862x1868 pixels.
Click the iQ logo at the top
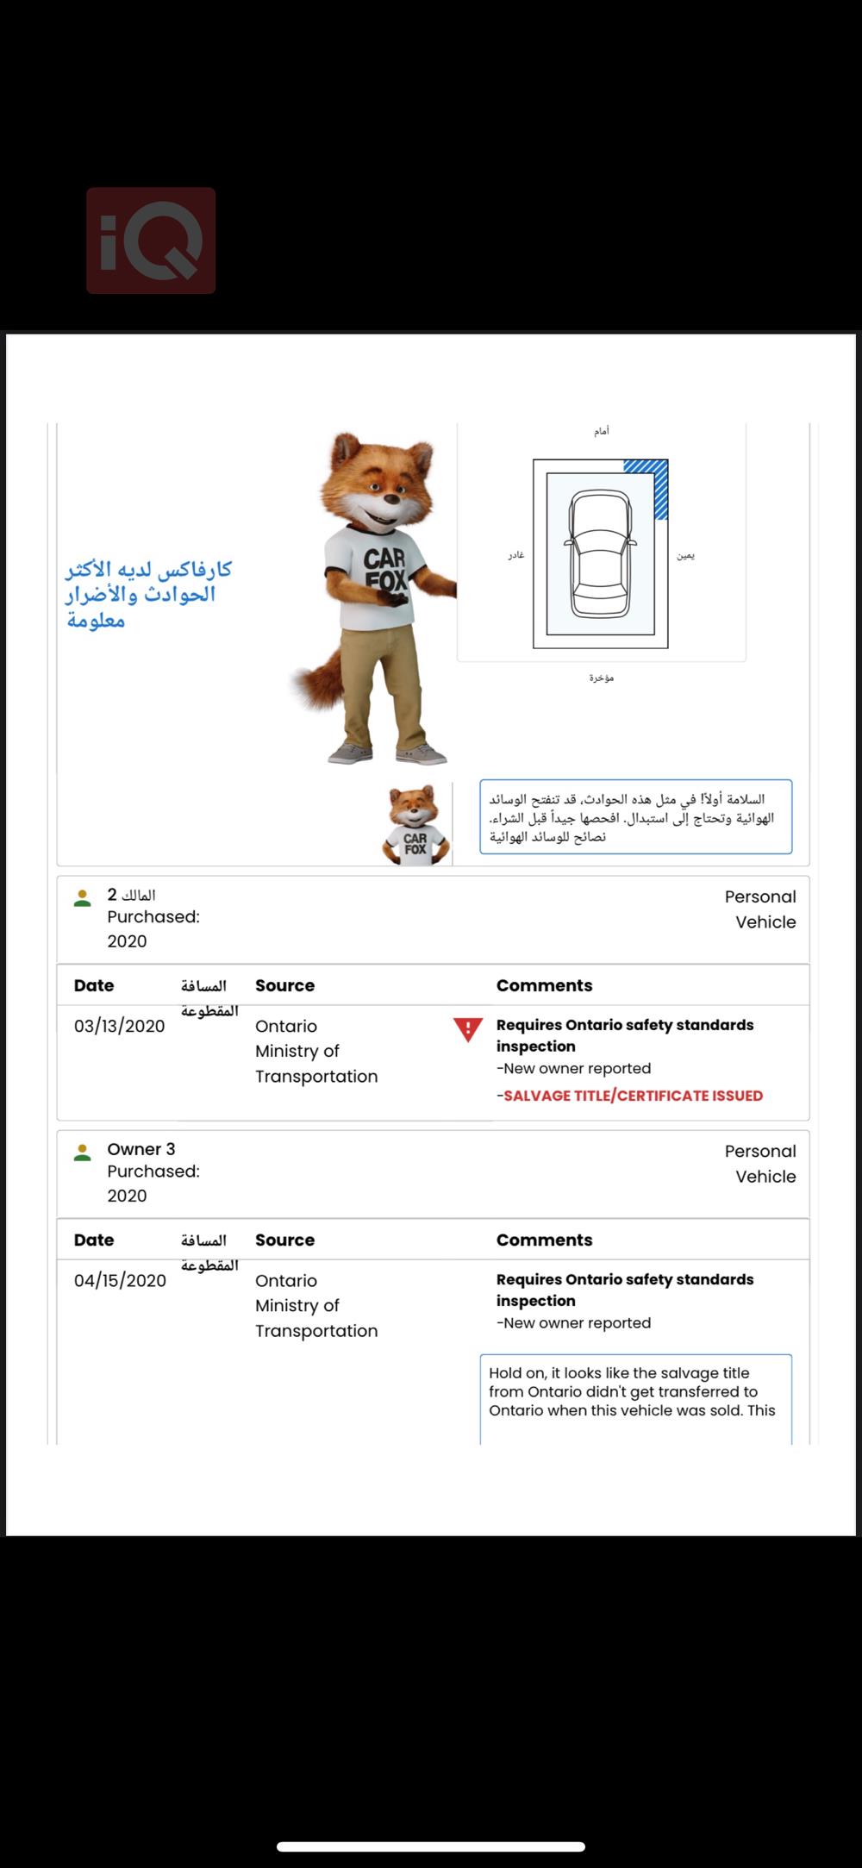[x=151, y=241]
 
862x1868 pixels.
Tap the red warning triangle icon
[x=468, y=1029]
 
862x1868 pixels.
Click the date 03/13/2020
[x=119, y=1026]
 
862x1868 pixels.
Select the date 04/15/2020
[x=120, y=1280]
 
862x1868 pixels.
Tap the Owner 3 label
[x=141, y=1149]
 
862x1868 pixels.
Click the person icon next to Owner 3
[x=83, y=1152]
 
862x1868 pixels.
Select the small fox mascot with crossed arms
[x=416, y=825]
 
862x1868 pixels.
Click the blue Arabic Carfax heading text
[x=148, y=595]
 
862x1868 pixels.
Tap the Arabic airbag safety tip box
[x=635, y=817]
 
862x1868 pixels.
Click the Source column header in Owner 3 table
[x=284, y=1240]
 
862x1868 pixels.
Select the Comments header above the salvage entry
[x=544, y=985]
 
